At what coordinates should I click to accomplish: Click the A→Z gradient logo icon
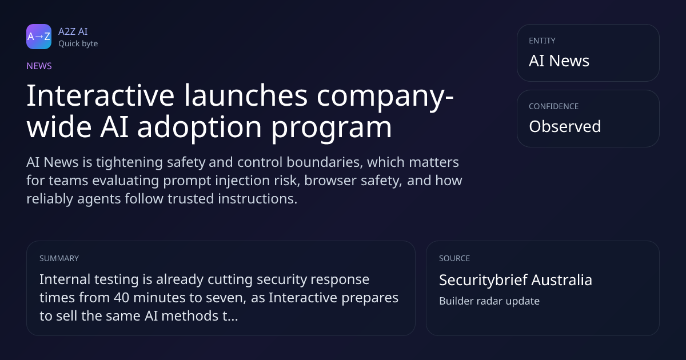tap(39, 37)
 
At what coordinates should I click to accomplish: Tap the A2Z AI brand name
tap(73, 31)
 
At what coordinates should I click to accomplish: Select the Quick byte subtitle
tap(78, 44)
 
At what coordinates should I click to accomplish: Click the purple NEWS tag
tap(39, 66)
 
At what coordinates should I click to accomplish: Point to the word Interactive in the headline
tap(101, 95)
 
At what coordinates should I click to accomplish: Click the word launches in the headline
tap(246, 95)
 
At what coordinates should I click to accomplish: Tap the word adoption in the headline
tap(200, 126)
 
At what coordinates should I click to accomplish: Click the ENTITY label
tap(542, 41)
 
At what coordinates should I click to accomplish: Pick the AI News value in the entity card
tap(559, 61)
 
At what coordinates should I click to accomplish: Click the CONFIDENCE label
tap(554, 106)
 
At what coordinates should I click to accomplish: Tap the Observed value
tap(565, 126)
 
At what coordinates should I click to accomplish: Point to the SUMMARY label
tap(59, 258)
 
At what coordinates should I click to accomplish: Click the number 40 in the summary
tap(122, 298)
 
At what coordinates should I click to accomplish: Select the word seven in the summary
tap(226, 298)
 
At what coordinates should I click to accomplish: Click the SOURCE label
tap(454, 258)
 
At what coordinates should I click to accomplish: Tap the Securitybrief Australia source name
tap(516, 280)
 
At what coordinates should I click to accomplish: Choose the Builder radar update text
tap(489, 301)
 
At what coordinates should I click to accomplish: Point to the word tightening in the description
tap(129, 162)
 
